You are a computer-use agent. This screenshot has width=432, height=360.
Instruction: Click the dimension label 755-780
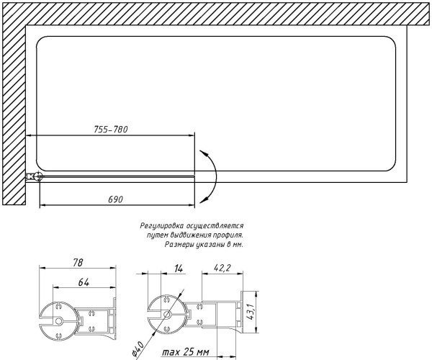point(111,129)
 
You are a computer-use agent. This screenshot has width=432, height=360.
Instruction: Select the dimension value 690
point(115,199)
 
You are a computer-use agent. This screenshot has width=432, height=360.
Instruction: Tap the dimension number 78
point(78,262)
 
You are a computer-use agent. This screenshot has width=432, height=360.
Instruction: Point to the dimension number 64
point(84,282)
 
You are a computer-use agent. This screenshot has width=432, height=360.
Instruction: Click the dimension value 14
point(179,269)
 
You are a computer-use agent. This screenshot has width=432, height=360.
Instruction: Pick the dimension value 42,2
point(222,268)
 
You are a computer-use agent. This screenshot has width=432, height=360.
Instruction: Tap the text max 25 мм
point(185,352)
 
